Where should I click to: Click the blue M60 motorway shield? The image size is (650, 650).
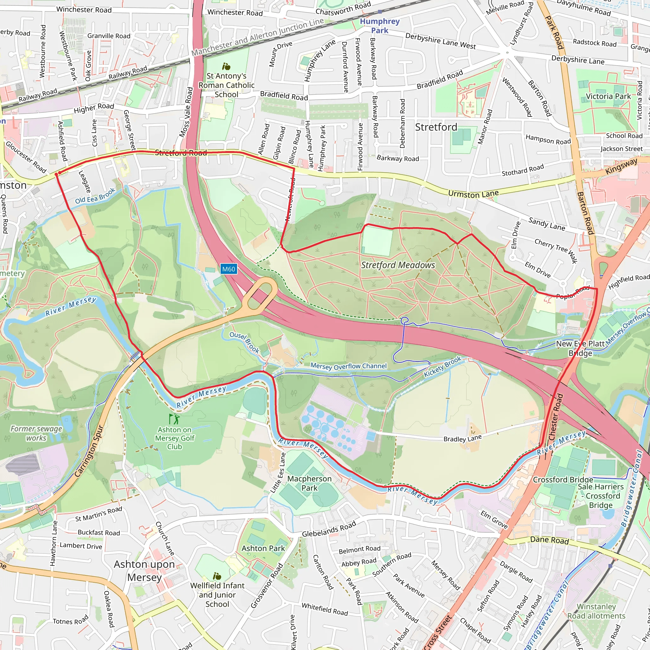pyautogui.click(x=229, y=269)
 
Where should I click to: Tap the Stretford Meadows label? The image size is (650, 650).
pyautogui.click(x=398, y=265)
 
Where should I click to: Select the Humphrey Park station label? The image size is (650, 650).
pyautogui.click(x=380, y=26)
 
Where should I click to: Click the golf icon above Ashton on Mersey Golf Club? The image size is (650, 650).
pyautogui.click(x=174, y=419)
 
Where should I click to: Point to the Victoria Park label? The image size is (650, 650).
pyautogui.click(x=608, y=96)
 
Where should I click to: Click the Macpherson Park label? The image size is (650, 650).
pyautogui.click(x=309, y=483)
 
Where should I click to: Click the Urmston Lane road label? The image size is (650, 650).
pyautogui.click(x=473, y=194)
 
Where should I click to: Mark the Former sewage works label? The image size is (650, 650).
pyautogui.click(x=36, y=433)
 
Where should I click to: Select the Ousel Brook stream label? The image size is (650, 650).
pyautogui.click(x=244, y=342)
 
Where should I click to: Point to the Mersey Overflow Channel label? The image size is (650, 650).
pyautogui.click(x=348, y=366)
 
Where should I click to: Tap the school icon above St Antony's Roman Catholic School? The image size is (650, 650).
pyautogui.click(x=226, y=66)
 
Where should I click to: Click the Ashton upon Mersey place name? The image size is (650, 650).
pyautogui.click(x=144, y=571)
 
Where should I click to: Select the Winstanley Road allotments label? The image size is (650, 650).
pyautogui.click(x=596, y=611)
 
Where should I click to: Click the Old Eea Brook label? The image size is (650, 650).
pyautogui.click(x=95, y=196)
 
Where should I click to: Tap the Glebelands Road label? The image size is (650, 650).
pyautogui.click(x=329, y=529)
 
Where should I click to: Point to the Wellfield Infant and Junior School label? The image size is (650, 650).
pyautogui.click(x=217, y=595)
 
